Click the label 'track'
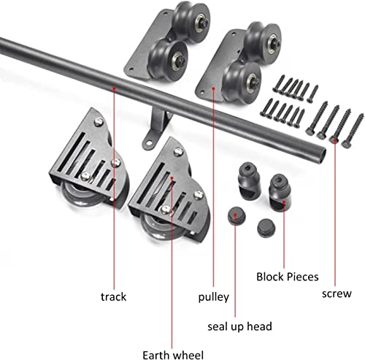(x=113, y=296)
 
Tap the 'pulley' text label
(x=214, y=297)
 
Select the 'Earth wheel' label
(x=173, y=355)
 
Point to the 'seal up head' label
(x=239, y=326)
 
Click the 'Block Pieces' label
(x=288, y=277)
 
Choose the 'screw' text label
(x=337, y=294)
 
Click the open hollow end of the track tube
(x=321, y=155)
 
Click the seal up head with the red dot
(x=237, y=216)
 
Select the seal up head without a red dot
(x=266, y=228)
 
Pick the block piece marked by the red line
(x=280, y=193)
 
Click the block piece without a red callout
(x=249, y=181)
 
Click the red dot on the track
(x=114, y=88)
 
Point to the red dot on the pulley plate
(x=213, y=88)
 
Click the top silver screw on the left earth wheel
(x=99, y=121)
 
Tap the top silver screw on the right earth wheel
(x=178, y=151)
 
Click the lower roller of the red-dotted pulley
(x=242, y=81)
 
